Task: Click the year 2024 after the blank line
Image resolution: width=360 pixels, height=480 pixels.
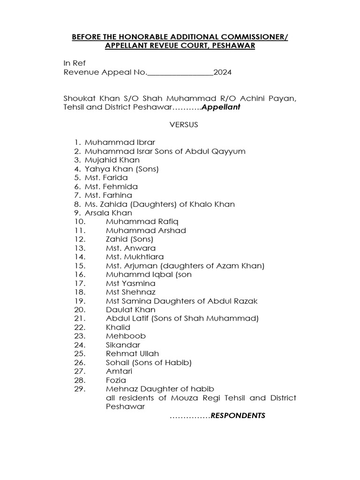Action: coord(223,73)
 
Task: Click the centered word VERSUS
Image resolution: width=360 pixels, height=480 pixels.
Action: coord(180,125)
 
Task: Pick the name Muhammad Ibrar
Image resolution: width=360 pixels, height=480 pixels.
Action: coord(120,142)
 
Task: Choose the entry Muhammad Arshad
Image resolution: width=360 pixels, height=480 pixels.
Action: coord(146,231)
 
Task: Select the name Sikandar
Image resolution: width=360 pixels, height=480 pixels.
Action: coord(123,345)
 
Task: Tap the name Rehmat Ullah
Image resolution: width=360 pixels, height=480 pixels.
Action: coord(133,354)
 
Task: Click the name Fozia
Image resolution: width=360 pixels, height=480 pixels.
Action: coord(116,380)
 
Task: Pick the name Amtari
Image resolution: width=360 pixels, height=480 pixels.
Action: coord(120,371)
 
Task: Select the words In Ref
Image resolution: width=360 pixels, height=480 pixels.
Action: coord(75,64)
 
